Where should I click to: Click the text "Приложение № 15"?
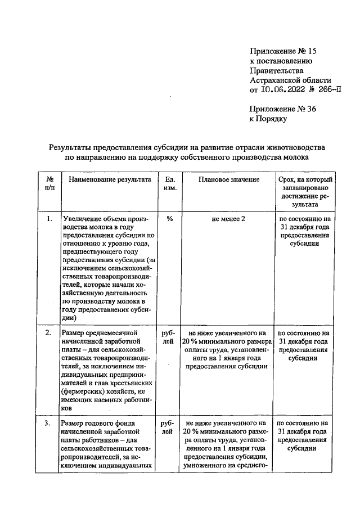[x=279, y=51]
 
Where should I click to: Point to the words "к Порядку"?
[x=268, y=119]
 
